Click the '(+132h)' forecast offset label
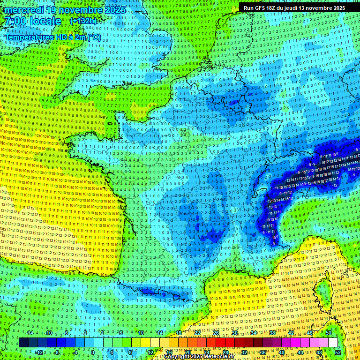pyautogui.click(x=83, y=21)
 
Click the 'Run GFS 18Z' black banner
pyautogui.click(x=293, y=8)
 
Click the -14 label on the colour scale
pyautogui.click(x=30, y=333)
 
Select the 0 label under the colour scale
pyautogui.click(x=93, y=352)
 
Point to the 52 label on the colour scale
pyautogui.click(x=338, y=352)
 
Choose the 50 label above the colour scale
pyautogui.click(x=329, y=333)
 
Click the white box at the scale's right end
pyautogui.click(x=333, y=343)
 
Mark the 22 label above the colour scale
pyautogui.click(x=197, y=333)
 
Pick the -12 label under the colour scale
pyautogui.click(x=39, y=352)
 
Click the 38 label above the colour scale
pyautogui.click(x=272, y=333)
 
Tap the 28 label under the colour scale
pyautogui.click(x=225, y=352)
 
